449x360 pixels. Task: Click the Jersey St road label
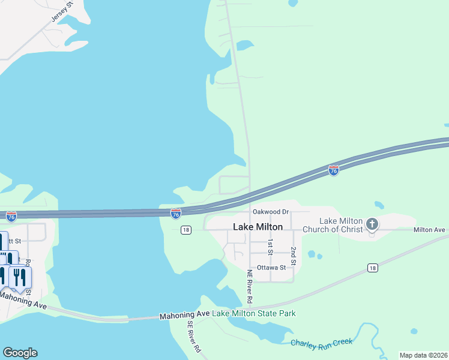click(x=62, y=12)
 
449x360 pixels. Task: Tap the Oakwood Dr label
click(x=271, y=212)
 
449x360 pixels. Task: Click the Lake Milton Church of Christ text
click(x=333, y=226)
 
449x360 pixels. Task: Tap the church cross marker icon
click(x=372, y=225)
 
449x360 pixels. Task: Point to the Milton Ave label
click(x=429, y=230)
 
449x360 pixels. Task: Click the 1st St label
click(x=271, y=246)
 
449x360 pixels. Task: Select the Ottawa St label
click(x=271, y=267)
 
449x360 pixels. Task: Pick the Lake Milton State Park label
click(x=254, y=313)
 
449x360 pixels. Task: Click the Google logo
click(x=20, y=353)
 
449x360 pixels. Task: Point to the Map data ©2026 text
click(x=423, y=355)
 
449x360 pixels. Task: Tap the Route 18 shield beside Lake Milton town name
click(x=185, y=230)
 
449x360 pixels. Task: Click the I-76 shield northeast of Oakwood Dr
click(x=334, y=170)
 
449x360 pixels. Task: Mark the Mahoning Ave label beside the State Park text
click(x=184, y=315)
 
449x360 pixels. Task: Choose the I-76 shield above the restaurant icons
click(x=11, y=215)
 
